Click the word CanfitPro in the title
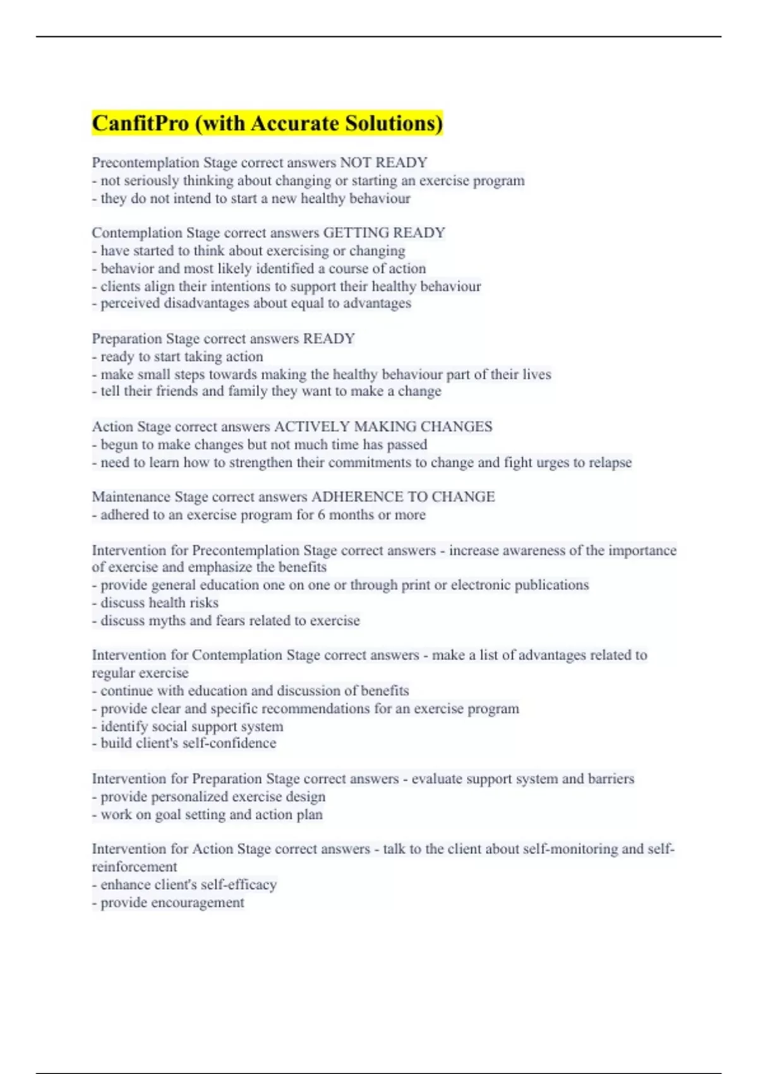point(140,123)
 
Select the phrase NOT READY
point(384,163)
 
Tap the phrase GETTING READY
point(384,233)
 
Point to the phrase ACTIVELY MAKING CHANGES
point(383,426)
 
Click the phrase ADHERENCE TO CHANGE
point(403,497)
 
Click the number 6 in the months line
point(322,515)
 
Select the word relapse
point(610,462)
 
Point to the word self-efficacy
point(239,884)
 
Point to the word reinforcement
point(134,867)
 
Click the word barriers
point(610,779)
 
